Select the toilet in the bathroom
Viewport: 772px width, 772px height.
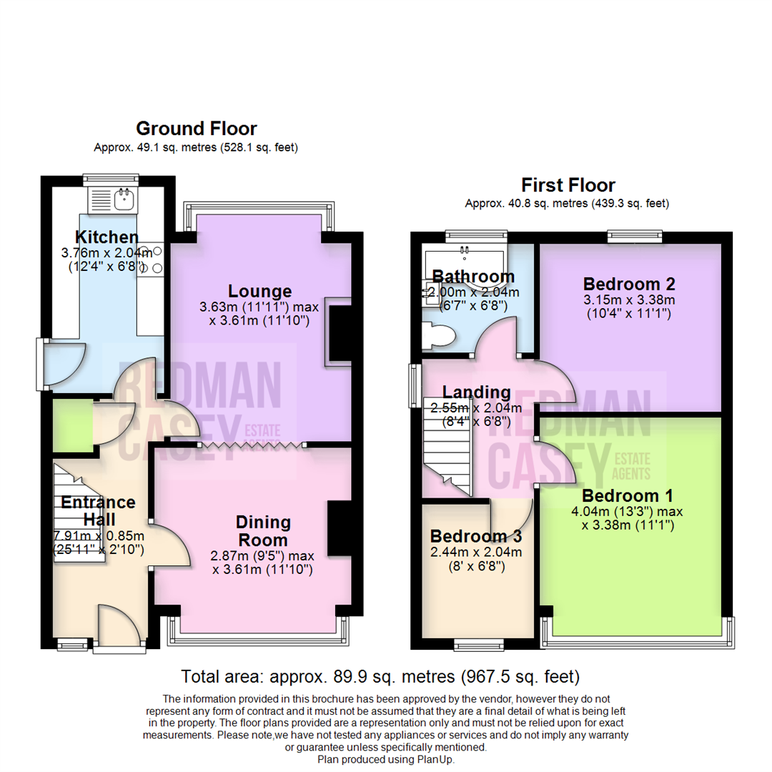436,335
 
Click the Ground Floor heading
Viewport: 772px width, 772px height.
196,129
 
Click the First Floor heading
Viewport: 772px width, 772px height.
568,185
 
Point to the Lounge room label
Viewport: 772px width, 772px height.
259,291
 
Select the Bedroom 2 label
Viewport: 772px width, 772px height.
629,282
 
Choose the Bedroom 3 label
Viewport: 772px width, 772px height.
475,536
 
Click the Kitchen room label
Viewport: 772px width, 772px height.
107,237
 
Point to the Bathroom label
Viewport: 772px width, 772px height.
473,277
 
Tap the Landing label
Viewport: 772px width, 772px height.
476,392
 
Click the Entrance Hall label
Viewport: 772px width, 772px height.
97,510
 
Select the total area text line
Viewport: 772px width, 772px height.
380,676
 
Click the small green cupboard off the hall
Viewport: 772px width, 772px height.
71,425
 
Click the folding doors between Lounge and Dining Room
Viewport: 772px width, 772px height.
250,445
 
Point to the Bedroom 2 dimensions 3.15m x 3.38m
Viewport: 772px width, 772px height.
629,300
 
